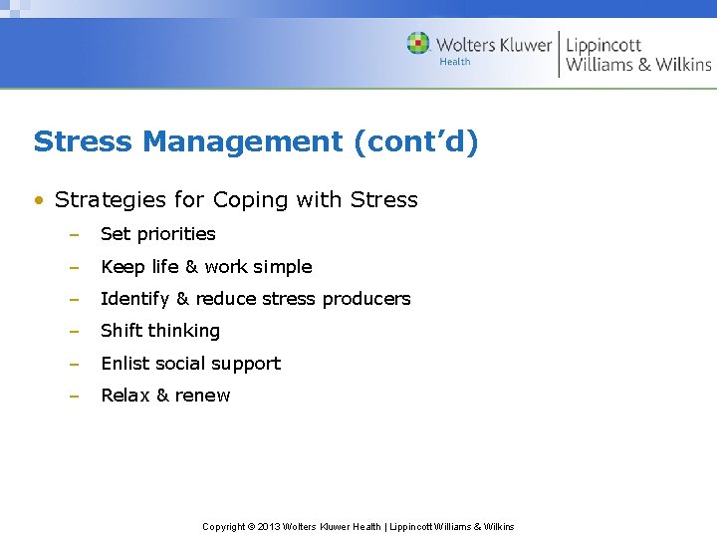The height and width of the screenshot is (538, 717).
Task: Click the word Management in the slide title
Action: [243, 141]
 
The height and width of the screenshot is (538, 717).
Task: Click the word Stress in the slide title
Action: [84, 141]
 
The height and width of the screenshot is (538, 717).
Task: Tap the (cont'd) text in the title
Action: [415, 141]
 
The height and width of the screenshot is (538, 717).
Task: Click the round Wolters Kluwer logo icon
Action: [419, 44]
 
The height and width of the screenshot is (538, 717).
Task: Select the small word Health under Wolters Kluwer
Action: [455, 62]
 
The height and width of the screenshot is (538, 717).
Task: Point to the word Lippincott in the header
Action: [603, 46]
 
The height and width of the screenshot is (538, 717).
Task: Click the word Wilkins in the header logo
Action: [682, 65]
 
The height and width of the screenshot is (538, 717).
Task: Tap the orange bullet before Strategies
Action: [39, 200]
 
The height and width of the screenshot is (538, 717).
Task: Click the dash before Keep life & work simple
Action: [74, 267]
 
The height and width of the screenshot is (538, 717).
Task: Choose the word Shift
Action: [119, 331]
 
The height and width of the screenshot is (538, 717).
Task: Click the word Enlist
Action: [124, 364]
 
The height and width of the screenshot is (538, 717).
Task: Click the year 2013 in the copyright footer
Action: [269, 527]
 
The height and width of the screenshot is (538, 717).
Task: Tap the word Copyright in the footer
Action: [223, 527]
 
